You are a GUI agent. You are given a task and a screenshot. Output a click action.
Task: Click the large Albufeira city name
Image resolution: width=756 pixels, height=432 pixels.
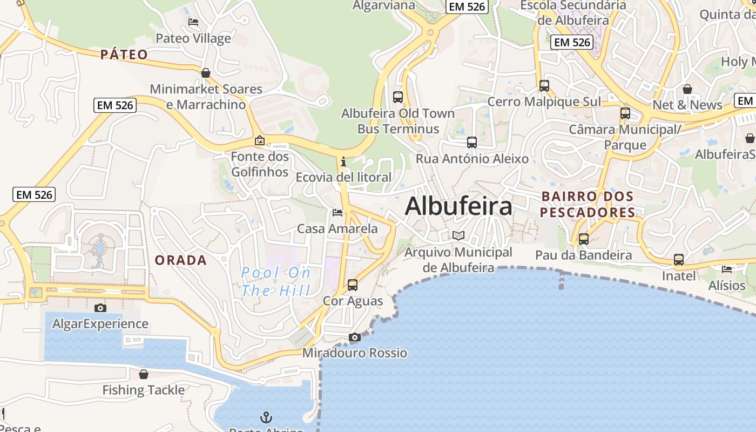[x=458, y=206]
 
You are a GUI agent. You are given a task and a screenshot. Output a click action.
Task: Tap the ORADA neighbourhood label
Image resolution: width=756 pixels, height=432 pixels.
[x=181, y=260]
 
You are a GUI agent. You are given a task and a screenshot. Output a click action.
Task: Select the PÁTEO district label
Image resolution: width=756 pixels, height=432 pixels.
[x=124, y=55]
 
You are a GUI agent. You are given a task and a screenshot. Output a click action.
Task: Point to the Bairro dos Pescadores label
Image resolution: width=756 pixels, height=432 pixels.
[x=588, y=204]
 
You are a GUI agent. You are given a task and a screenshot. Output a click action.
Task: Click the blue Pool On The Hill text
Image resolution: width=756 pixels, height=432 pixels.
[x=276, y=281]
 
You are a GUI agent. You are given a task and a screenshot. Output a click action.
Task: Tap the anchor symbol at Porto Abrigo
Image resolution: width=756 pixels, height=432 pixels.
[x=266, y=417]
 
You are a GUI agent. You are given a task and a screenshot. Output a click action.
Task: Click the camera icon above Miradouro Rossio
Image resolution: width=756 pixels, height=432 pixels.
[x=354, y=337]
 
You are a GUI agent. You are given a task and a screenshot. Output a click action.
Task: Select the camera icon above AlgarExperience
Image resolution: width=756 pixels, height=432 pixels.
[x=100, y=308]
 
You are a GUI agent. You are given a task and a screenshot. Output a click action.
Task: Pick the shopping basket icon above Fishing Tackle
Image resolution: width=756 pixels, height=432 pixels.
[x=144, y=374]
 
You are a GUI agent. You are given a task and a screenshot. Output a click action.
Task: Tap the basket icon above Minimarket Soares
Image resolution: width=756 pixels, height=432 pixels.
[x=205, y=73]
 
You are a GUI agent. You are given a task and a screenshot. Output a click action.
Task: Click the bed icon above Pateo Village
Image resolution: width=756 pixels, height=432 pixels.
[x=193, y=22]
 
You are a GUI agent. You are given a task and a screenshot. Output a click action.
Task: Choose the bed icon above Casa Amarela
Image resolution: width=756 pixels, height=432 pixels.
[x=337, y=213]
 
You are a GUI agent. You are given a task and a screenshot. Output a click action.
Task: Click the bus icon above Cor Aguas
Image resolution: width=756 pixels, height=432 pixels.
[x=353, y=285]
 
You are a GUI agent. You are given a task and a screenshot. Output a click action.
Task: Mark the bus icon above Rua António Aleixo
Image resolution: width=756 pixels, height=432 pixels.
[x=472, y=143]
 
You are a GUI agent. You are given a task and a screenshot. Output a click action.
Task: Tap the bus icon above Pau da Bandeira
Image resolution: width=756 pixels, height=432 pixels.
[x=584, y=239]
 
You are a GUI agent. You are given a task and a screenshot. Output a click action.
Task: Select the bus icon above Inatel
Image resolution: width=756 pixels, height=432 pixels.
[x=679, y=260]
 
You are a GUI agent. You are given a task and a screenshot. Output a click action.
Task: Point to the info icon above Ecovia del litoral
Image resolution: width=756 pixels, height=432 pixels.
[x=343, y=161]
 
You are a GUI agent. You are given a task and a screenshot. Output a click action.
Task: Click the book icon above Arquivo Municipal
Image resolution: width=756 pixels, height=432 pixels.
[x=458, y=236]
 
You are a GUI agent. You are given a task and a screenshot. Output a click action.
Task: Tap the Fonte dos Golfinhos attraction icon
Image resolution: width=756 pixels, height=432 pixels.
[x=260, y=141]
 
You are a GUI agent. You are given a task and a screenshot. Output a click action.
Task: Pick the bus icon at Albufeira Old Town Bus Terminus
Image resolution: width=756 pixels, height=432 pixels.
[x=398, y=97]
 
